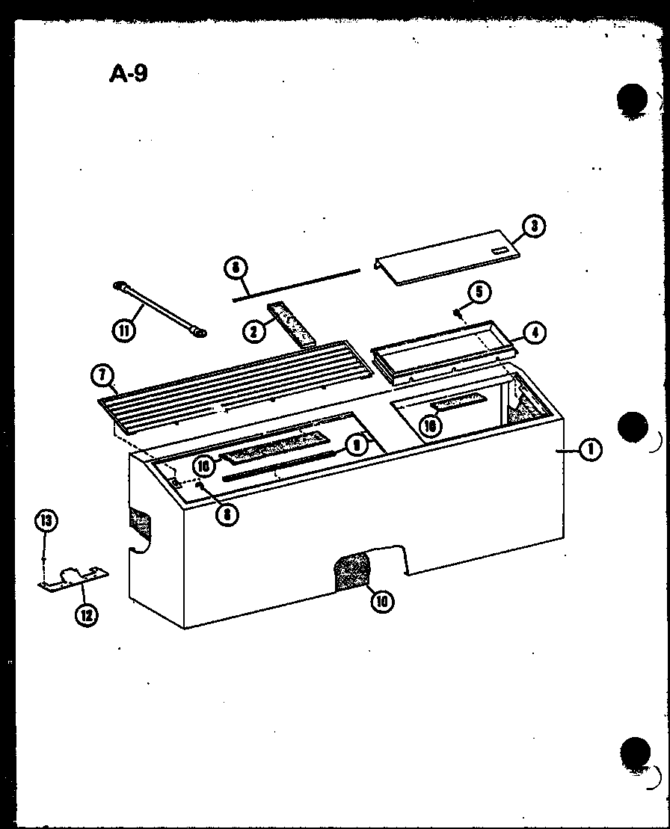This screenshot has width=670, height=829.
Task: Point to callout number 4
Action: pos(535,333)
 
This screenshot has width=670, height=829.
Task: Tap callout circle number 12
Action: pos(87,615)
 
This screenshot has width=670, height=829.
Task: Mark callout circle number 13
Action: pos(46,520)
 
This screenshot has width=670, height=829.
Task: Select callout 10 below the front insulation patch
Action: pos(382,600)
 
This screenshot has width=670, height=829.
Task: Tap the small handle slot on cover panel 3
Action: pos(499,251)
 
